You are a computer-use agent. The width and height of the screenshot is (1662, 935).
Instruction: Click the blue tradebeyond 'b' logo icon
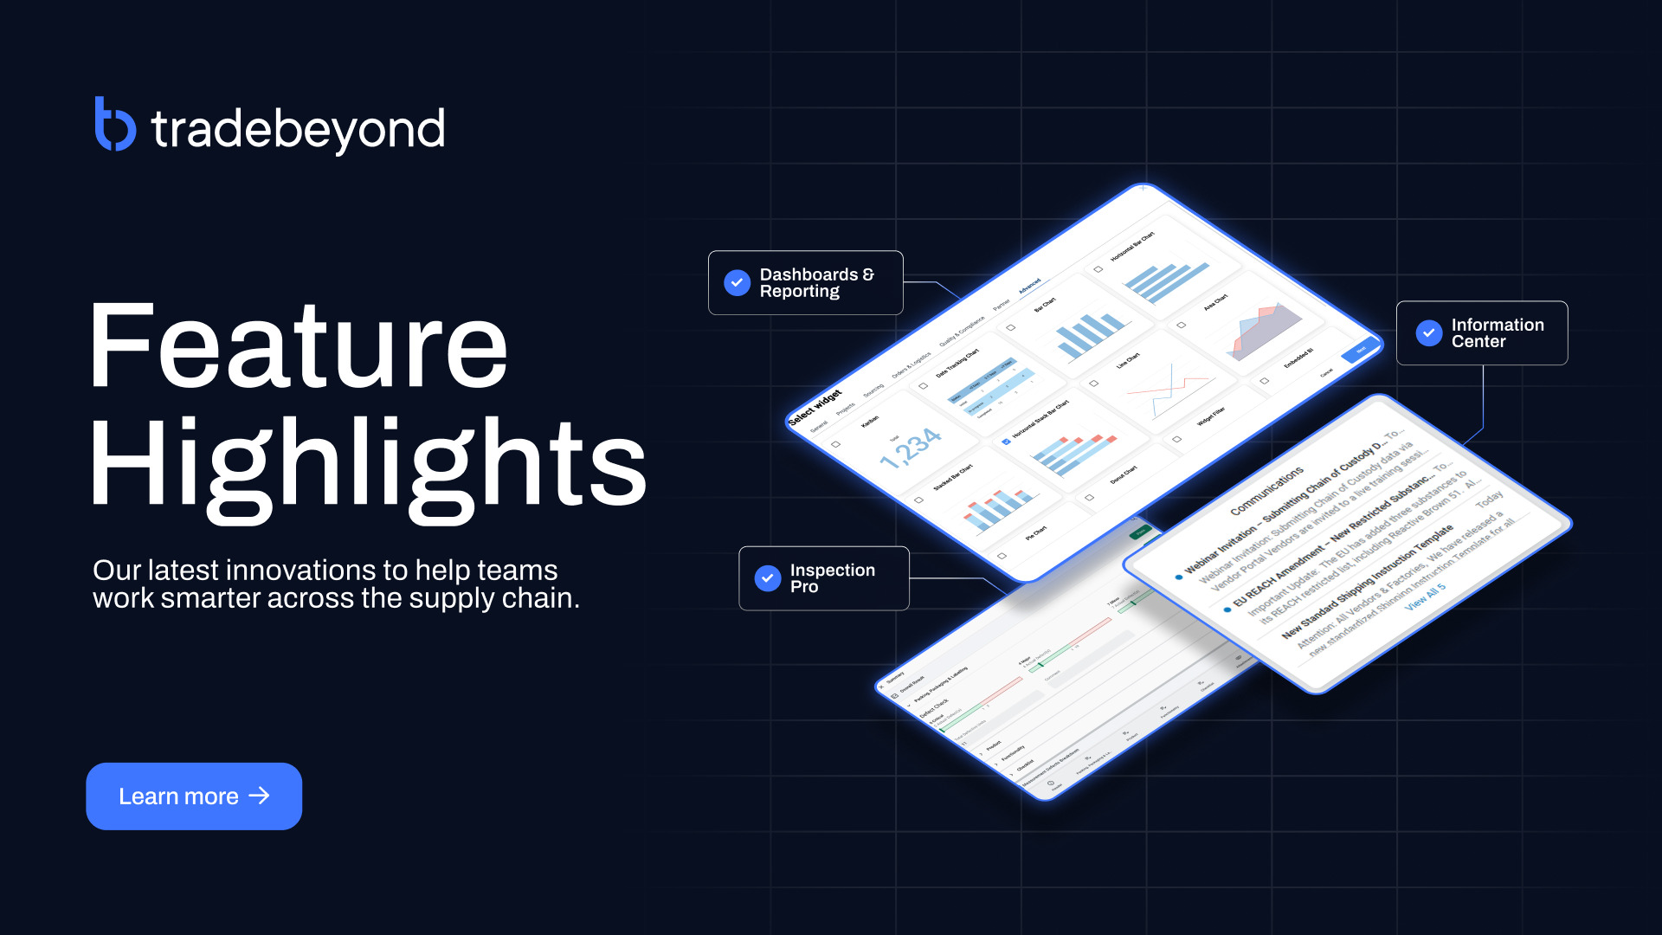(114, 126)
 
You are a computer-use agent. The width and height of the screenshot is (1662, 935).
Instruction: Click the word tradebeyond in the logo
(298, 130)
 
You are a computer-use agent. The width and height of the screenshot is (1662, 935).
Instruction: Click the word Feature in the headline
(298, 346)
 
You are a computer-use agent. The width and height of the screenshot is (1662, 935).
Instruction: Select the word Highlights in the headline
(368, 463)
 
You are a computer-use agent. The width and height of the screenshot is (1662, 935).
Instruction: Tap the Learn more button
(194, 796)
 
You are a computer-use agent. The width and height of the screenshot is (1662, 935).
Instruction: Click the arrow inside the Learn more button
(259, 796)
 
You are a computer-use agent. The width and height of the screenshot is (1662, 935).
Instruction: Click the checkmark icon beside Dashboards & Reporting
(737, 282)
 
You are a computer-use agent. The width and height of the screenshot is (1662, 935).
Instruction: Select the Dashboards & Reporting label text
(815, 282)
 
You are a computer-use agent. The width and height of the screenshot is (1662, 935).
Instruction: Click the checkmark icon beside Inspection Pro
(767, 577)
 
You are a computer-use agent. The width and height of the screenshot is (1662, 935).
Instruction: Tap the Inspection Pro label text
(831, 577)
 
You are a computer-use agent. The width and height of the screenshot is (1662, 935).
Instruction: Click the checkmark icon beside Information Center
(1428, 332)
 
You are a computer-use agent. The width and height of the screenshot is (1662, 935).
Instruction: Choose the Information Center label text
(1497, 332)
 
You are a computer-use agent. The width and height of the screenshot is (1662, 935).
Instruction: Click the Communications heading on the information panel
(1266, 491)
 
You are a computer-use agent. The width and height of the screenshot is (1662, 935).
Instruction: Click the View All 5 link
(1425, 597)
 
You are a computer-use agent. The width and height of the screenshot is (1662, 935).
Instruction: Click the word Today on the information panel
(1489, 500)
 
